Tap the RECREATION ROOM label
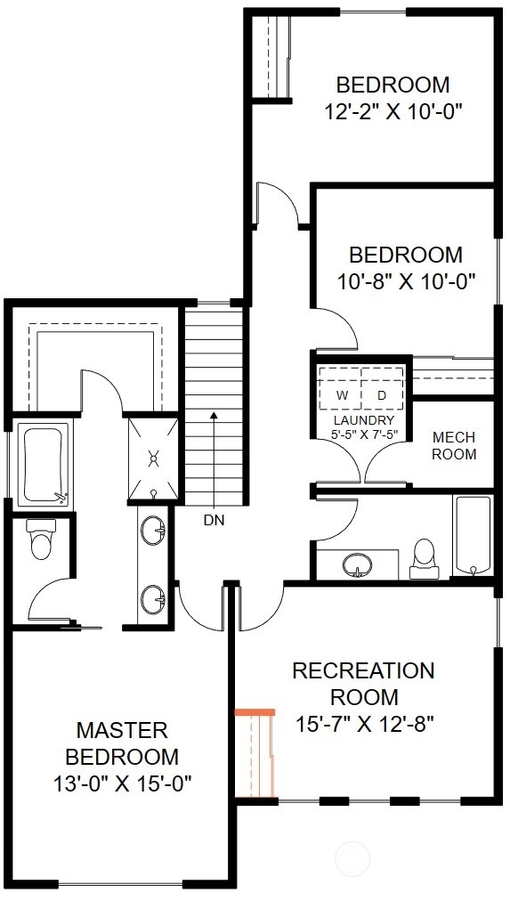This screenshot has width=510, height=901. [363, 684]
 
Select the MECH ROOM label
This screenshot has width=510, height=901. [454, 446]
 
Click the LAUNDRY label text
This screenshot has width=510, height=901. [363, 420]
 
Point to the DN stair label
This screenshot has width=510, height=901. [214, 521]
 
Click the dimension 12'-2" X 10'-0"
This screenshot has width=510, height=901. [394, 111]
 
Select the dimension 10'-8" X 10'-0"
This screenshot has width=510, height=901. [406, 281]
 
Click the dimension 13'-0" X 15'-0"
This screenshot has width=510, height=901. [122, 783]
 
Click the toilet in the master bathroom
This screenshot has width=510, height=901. [41, 539]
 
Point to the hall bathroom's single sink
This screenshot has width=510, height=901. [357, 565]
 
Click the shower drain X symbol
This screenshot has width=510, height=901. [154, 458]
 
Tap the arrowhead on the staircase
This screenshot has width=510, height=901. [214, 414]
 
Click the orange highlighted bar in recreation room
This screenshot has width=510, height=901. [255, 712]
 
